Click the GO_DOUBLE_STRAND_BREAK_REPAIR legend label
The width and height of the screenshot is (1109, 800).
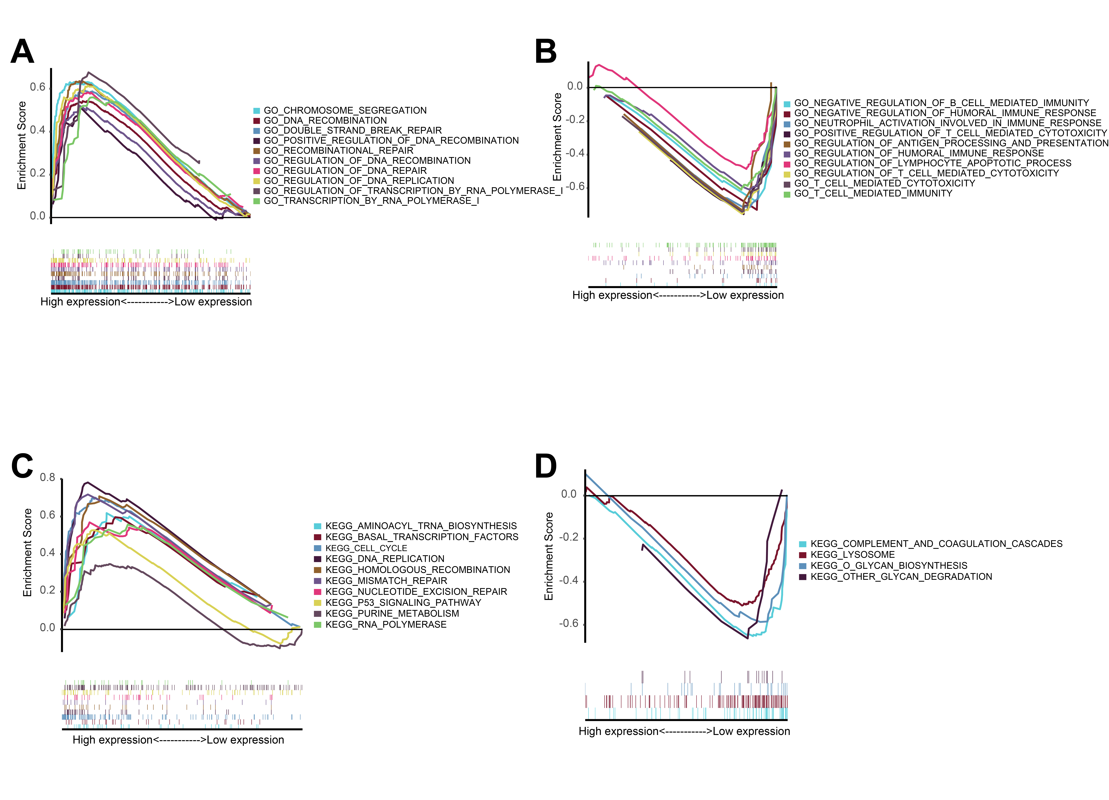pyautogui.click(x=352, y=131)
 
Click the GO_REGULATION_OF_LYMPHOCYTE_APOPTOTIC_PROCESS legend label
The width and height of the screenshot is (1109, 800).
pyautogui.click(x=932, y=163)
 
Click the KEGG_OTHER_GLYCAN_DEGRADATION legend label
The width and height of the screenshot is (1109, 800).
pyautogui.click(x=901, y=577)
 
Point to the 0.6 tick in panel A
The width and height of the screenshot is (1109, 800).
pyautogui.click(x=38, y=87)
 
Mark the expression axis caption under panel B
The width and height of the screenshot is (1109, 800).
pyautogui.click(x=678, y=295)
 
